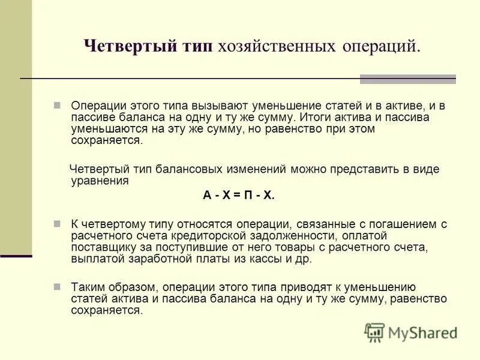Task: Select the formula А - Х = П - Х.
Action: click(x=238, y=195)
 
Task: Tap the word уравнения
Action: click(x=100, y=181)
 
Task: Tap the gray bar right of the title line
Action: click(x=407, y=79)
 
